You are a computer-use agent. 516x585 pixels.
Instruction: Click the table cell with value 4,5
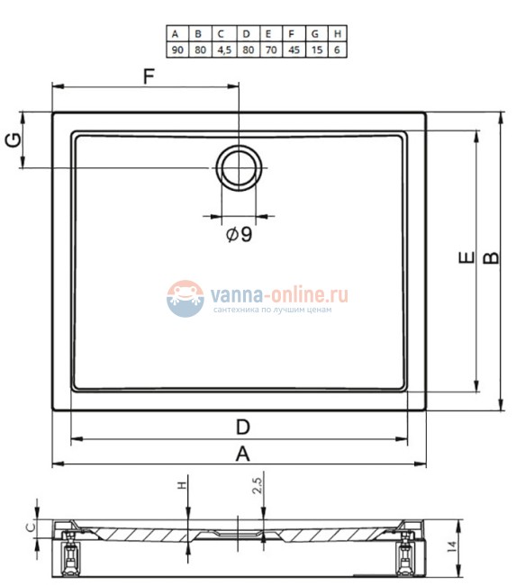pyautogui.click(x=224, y=49)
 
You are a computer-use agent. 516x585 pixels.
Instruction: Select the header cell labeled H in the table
pyautogui.click(x=337, y=33)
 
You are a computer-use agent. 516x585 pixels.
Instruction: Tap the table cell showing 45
pyautogui.click(x=294, y=49)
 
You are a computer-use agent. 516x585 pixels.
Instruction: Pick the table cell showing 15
pyautogui.click(x=317, y=49)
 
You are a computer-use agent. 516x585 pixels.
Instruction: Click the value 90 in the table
pyautogui.click(x=177, y=49)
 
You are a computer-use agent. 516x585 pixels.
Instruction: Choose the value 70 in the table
pyautogui.click(x=271, y=49)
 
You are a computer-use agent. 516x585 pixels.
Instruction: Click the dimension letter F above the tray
pyautogui.click(x=149, y=76)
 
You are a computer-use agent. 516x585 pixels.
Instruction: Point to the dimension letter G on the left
pyautogui.click(x=14, y=140)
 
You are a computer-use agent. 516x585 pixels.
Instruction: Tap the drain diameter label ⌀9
pyautogui.click(x=240, y=234)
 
